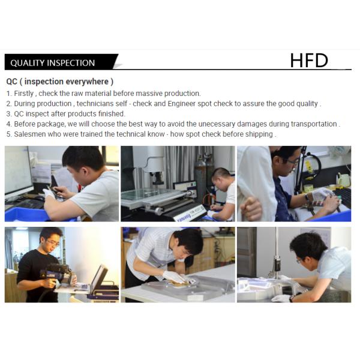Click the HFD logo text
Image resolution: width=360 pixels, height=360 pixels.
point(309,61)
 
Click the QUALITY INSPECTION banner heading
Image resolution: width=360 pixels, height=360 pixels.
point(53,63)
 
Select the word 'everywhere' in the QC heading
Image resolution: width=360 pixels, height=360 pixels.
point(87,82)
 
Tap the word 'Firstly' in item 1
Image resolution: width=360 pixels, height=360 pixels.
point(24,94)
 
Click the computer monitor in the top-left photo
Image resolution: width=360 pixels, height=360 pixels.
point(19,172)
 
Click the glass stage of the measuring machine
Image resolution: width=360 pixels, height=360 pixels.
point(147,193)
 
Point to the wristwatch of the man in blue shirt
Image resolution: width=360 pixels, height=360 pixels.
point(307,197)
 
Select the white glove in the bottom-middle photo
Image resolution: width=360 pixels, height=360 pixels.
point(175,277)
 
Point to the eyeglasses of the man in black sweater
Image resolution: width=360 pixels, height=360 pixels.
point(53,243)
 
